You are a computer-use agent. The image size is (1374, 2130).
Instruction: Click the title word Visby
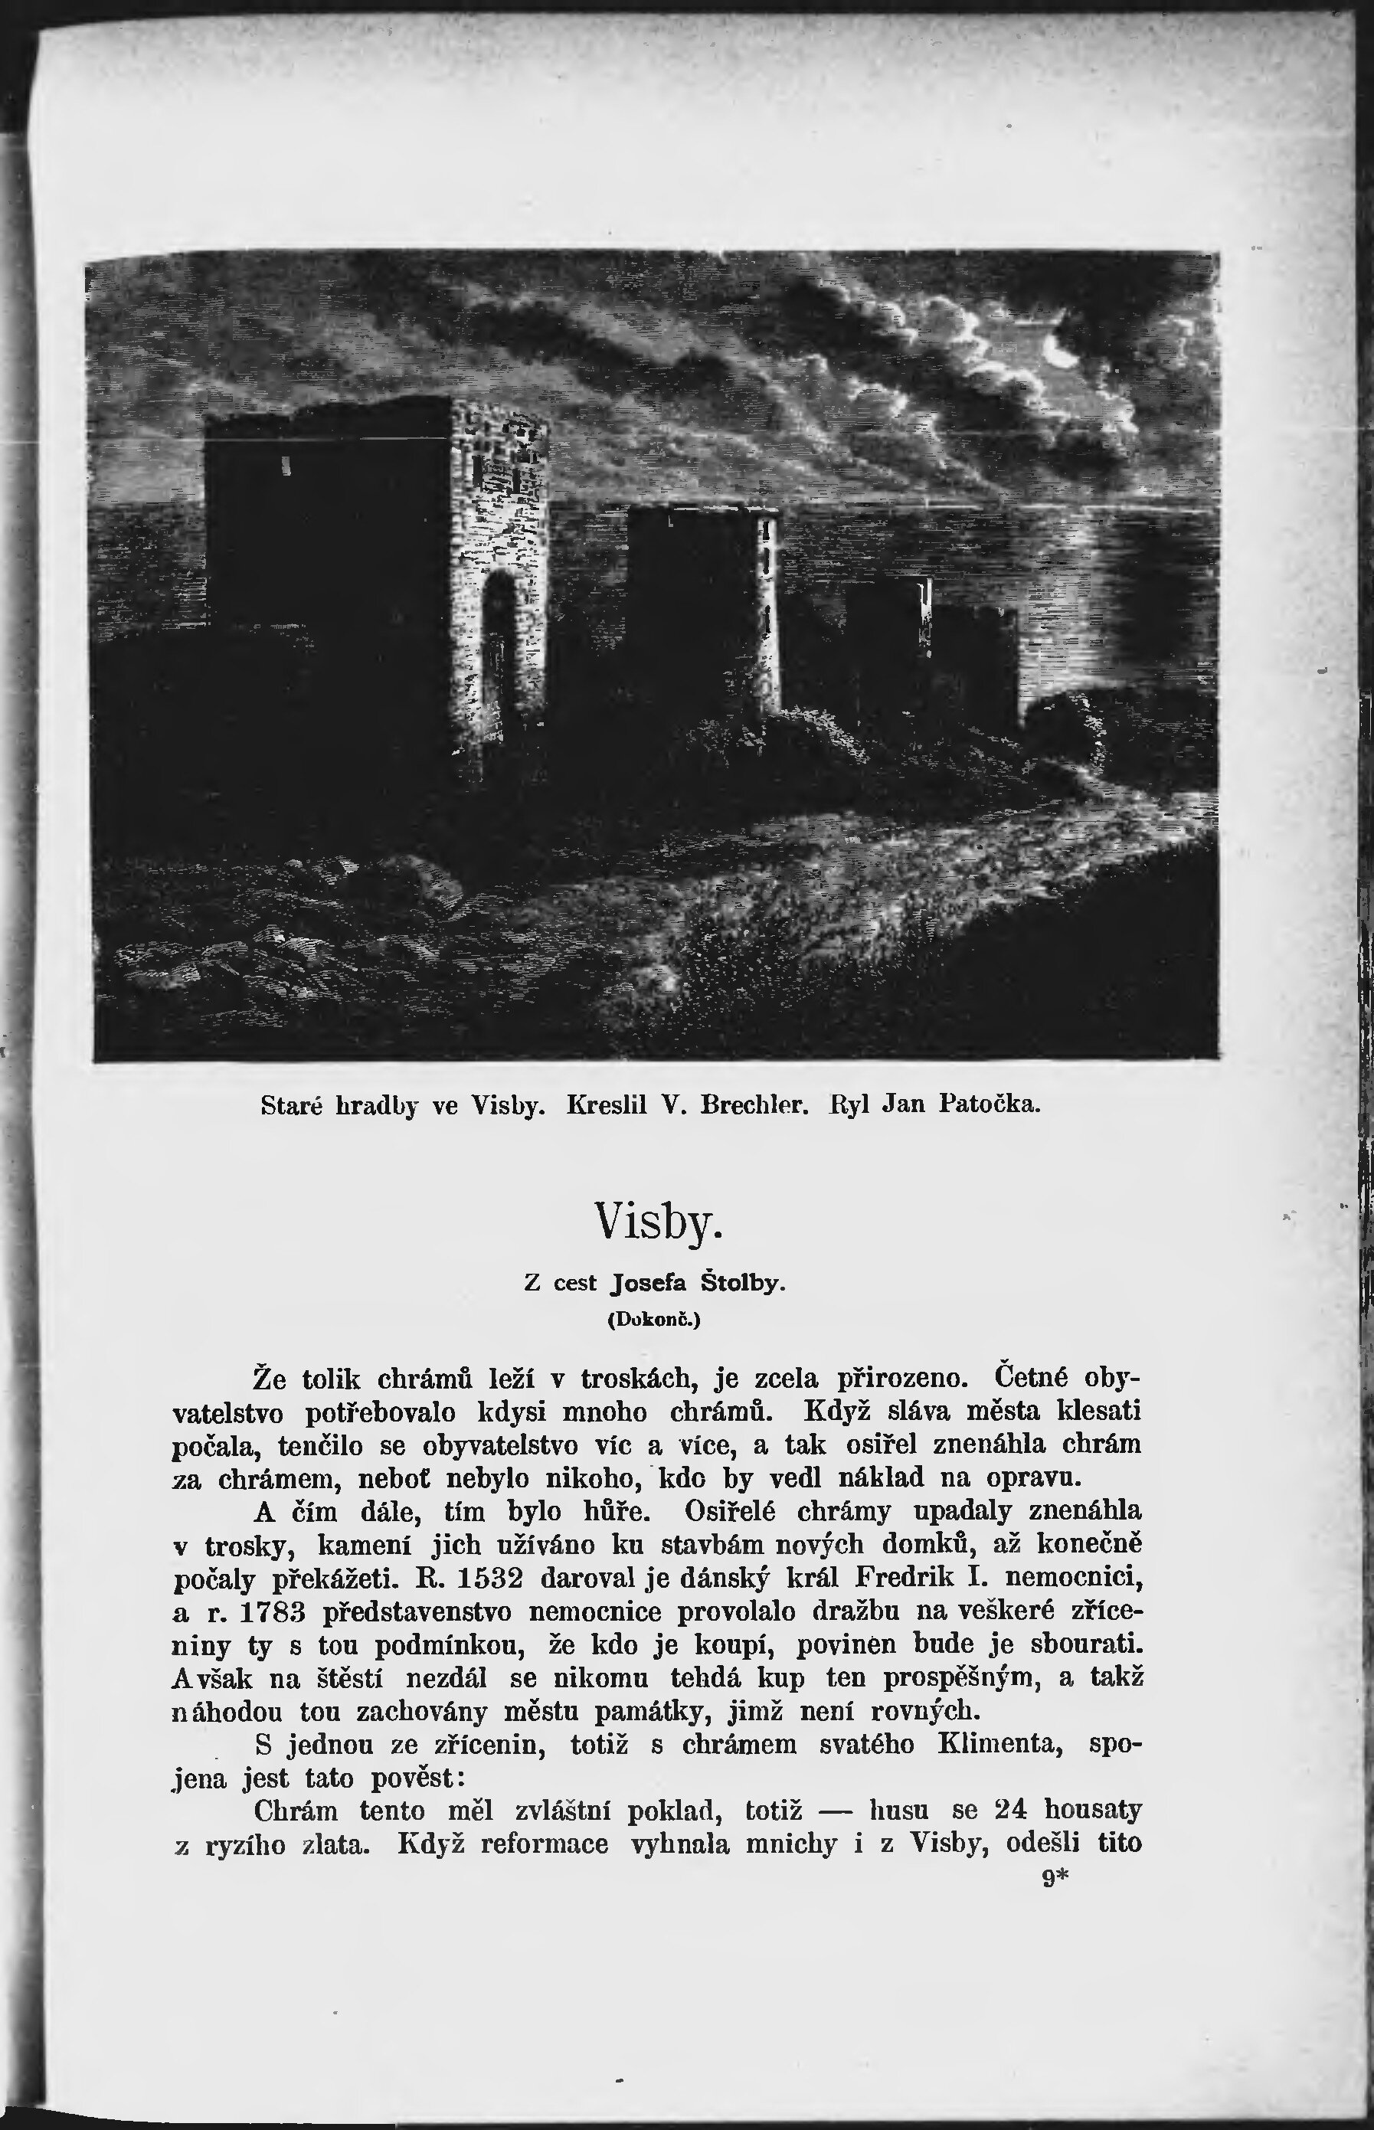659,1221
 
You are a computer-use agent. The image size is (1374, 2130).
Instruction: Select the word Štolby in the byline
741,1283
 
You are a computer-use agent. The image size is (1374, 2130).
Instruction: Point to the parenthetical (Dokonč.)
654,1319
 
